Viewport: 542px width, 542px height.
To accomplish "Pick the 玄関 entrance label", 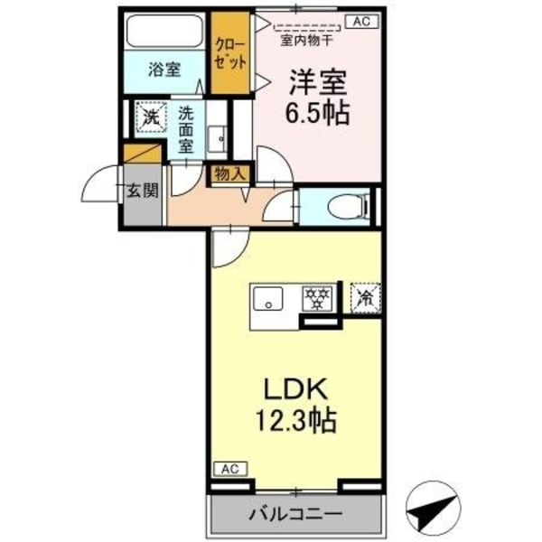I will (142, 191).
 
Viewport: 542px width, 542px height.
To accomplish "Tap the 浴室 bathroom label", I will (164, 68).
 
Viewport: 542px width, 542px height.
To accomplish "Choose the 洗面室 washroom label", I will (186, 128).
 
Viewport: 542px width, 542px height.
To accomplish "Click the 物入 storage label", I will (229, 173).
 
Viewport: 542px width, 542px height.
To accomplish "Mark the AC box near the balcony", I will (229, 470).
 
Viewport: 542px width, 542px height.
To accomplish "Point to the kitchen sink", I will (267, 299).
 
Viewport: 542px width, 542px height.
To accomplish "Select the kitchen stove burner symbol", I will (316, 299).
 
